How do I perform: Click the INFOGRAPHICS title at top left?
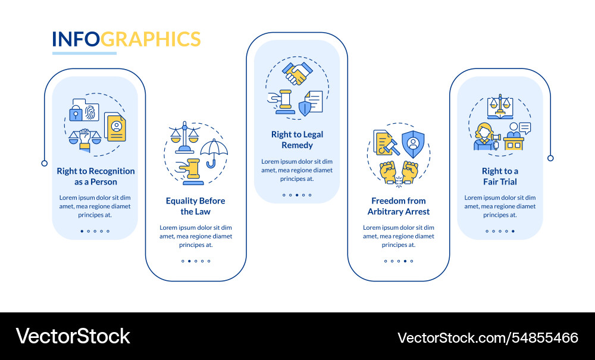pos(126,39)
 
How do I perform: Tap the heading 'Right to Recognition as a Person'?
pos(95,176)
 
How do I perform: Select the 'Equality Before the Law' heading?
pos(195,206)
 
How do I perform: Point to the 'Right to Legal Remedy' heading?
pos(297,140)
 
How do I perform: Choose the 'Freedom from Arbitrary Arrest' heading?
pos(398,206)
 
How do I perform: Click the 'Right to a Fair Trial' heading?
pos(500,176)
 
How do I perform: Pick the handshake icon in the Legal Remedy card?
pos(297,74)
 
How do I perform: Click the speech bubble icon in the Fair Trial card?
pos(524,127)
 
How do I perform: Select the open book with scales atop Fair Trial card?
pos(500,108)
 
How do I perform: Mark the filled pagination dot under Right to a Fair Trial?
pos(513,231)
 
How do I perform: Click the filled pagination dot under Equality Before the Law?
pos(189,261)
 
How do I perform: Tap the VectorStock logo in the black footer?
pos(73,336)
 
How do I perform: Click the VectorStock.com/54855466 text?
pos(487,337)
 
